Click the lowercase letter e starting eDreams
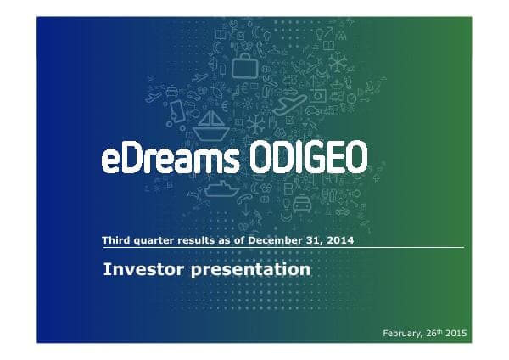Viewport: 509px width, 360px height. point(110,161)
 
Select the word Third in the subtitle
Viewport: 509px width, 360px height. point(115,241)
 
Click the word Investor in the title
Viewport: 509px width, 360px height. point(142,270)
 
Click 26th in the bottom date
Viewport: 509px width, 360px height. point(431,333)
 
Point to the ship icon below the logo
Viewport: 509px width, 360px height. point(221,188)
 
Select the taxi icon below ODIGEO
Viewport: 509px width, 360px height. point(302,204)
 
